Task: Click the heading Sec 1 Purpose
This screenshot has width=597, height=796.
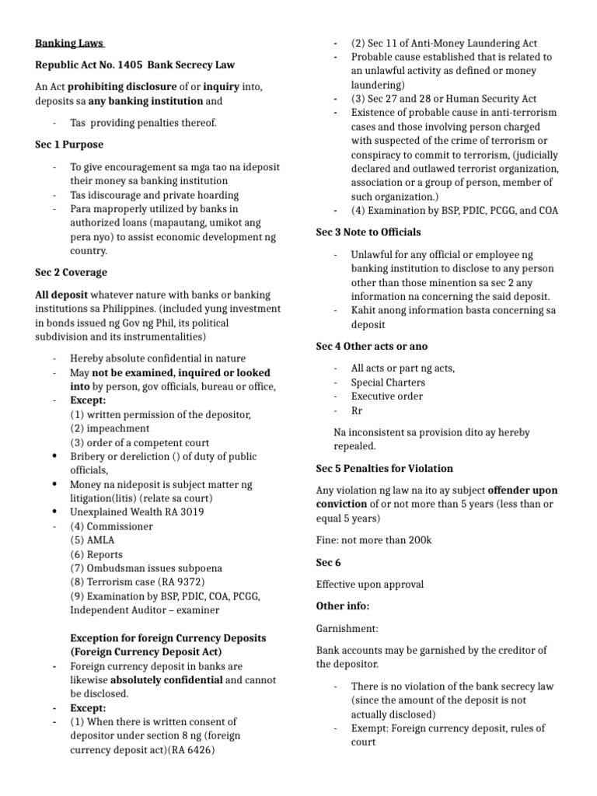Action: pos(69,145)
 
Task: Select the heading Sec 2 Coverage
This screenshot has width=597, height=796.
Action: pos(72,273)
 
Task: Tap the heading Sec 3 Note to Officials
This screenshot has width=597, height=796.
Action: pos(368,232)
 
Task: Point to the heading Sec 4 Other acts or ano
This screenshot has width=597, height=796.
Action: pos(372,346)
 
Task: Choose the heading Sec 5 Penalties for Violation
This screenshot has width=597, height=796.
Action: pos(385,469)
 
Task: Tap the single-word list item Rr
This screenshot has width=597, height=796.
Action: pos(357,410)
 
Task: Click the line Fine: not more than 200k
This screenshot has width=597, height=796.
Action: pos(373,540)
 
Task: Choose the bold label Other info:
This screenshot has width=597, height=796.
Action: pos(343,606)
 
